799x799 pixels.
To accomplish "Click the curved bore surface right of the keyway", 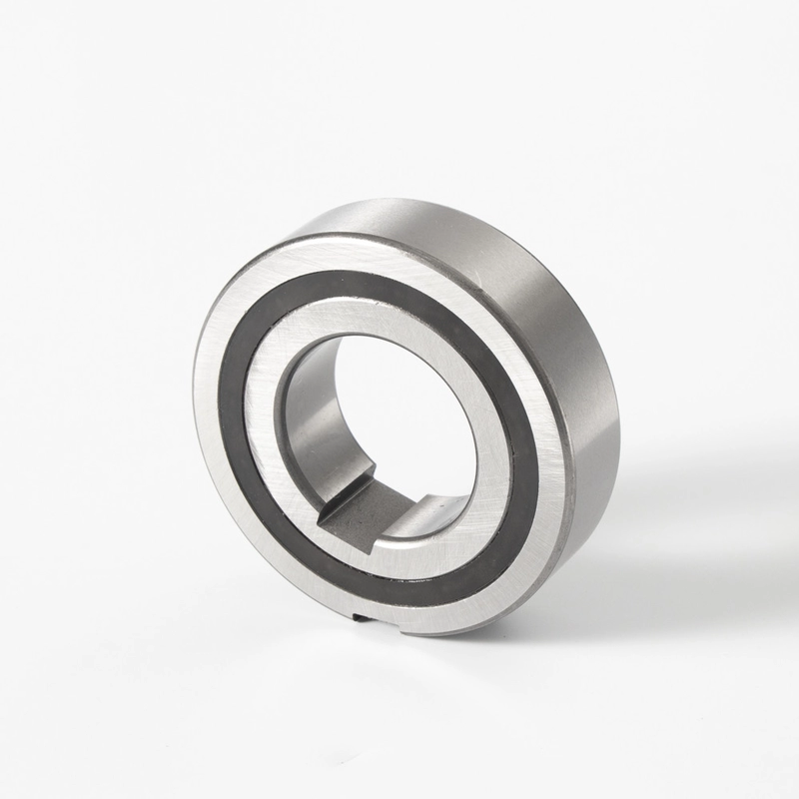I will click(439, 514).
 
